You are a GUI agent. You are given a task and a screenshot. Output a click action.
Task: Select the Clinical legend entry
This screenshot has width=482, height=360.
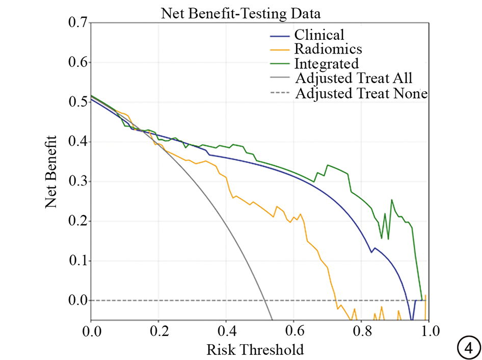click(x=319, y=35)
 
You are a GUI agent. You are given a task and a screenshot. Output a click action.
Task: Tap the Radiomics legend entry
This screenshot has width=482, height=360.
click(x=328, y=49)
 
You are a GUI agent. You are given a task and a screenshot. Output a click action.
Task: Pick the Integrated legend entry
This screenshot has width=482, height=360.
click(x=326, y=64)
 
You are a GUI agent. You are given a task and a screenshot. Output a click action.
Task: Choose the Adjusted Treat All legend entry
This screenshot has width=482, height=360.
click(x=354, y=79)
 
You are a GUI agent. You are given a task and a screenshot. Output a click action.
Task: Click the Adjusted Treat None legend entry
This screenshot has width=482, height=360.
click(x=361, y=93)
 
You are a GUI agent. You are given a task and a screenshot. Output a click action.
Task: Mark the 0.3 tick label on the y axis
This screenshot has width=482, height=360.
click(x=76, y=182)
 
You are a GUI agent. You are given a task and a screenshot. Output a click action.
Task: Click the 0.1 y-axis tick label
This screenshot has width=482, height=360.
click(x=76, y=261)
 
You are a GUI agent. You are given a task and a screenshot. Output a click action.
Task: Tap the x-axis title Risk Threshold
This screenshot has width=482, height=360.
click(x=255, y=350)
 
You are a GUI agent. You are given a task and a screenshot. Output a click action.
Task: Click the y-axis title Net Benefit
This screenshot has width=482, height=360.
click(x=51, y=172)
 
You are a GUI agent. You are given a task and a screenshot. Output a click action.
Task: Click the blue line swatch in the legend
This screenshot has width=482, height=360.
click(x=279, y=36)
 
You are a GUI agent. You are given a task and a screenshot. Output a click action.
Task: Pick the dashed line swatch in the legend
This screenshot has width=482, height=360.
click(x=279, y=94)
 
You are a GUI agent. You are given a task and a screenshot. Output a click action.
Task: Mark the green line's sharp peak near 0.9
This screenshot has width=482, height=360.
click(x=391, y=200)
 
